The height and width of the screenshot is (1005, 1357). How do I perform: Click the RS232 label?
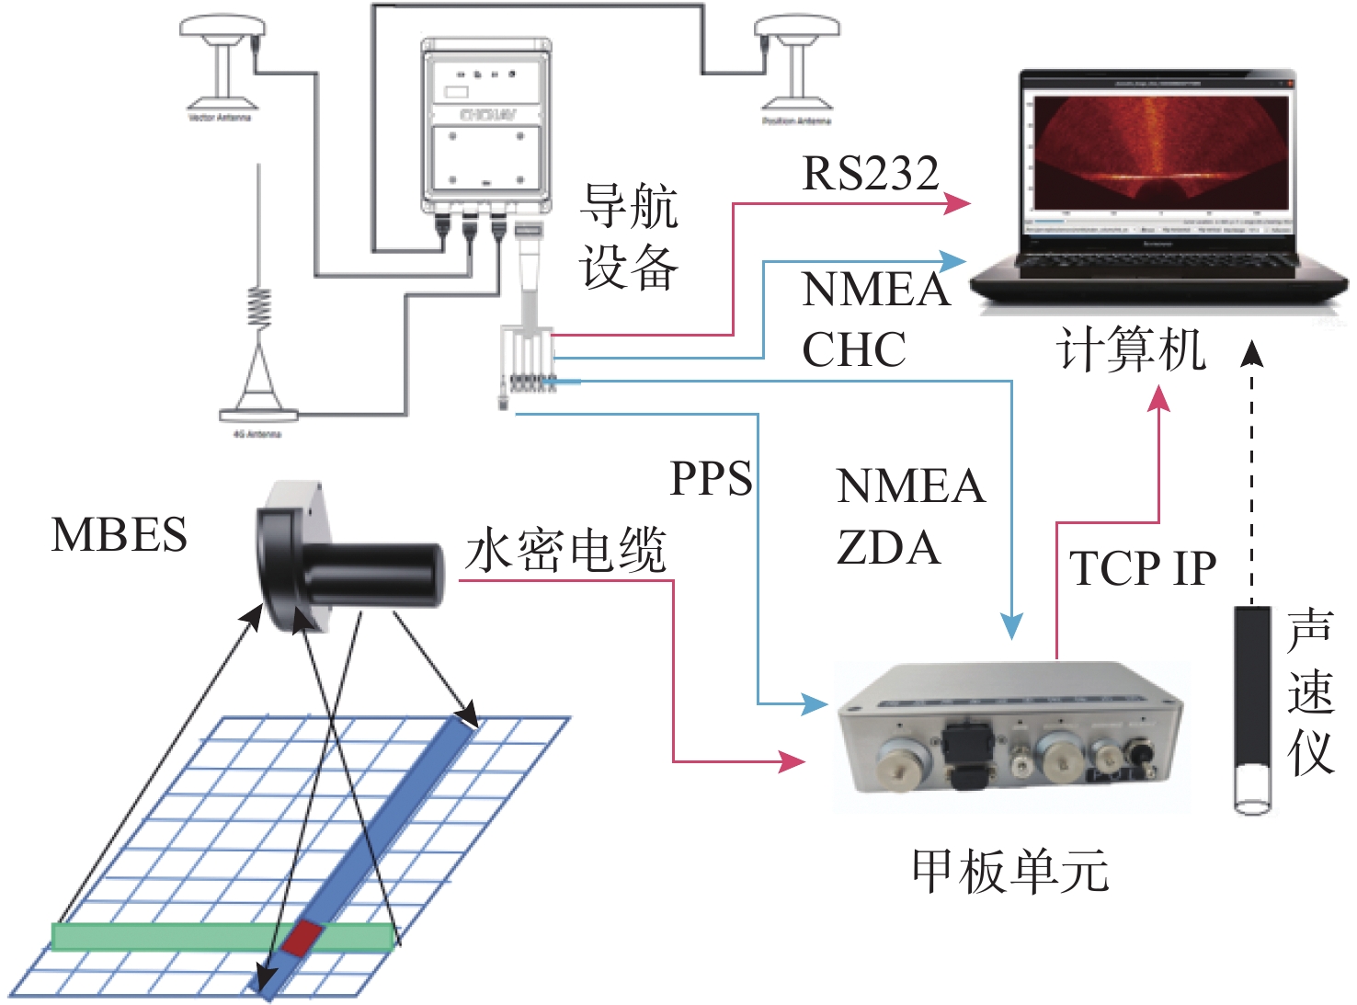tap(870, 173)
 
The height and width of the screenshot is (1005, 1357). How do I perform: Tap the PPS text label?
tap(711, 478)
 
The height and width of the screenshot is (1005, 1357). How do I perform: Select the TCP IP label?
tap(1143, 568)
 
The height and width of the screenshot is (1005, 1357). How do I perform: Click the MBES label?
tap(120, 534)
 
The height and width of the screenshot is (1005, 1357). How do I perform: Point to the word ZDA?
tap(888, 548)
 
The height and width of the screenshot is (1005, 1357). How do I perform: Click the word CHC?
tap(854, 349)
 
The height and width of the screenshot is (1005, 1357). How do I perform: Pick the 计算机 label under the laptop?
tap(1131, 351)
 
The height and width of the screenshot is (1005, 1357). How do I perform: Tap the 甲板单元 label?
tap(1009, 871)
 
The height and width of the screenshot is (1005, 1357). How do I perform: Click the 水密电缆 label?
tap(565, 551)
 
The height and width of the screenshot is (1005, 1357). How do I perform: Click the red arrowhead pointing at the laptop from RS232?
tap(957, 203)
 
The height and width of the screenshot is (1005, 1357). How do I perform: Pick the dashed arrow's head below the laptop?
tap(1251, 354)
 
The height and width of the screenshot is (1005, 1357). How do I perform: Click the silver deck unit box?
tap(1011, 736)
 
